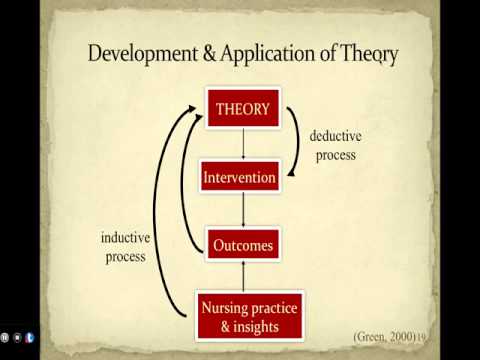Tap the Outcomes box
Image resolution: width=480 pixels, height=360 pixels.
243,244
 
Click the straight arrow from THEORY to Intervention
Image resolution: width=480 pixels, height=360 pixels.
243,143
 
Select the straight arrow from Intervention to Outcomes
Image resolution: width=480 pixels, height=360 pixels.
243,211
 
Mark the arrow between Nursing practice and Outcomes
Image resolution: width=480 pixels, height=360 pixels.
243,274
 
